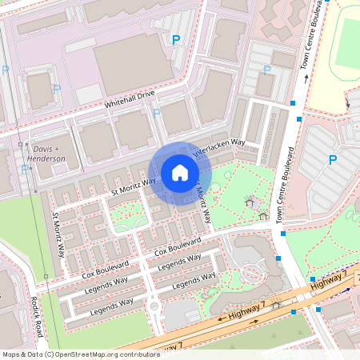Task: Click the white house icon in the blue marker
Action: tap(180, 172)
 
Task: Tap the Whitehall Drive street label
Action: tap(129, 99)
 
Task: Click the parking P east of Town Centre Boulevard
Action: tap(332, 160)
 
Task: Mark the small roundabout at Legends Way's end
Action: tap(153, 306)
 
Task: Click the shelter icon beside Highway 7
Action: tap(276, 304)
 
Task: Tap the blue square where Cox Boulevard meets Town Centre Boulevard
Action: tap(278, 258)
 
